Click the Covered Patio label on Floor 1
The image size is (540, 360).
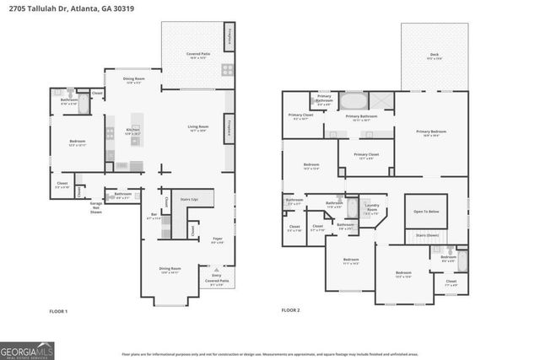[198, 56]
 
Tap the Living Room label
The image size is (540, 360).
[198, 129]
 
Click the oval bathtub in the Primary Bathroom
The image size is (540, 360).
[354, 101]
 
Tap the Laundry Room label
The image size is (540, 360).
[371, 210]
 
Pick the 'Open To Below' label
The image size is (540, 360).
[426, 212]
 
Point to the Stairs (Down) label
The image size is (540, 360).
[428, 235]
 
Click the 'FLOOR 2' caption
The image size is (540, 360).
[291, 311]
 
